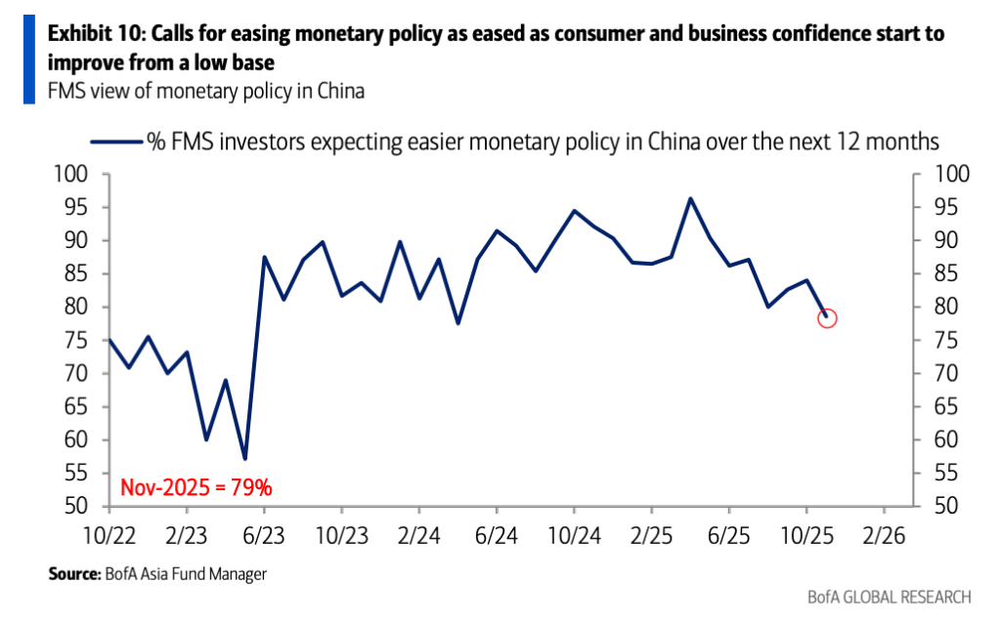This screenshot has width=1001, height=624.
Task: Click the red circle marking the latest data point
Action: click(x=826, y=317)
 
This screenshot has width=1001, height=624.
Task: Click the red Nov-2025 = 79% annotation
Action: click(x=196, y=485)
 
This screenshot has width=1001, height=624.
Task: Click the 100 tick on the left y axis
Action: click(x=76, y=176)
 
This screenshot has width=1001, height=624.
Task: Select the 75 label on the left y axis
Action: click(x=81, y=341)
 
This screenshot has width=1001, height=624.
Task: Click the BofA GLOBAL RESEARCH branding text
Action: click(x=890, y=597)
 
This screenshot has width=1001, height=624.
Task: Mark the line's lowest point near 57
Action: click(x=244, y=458)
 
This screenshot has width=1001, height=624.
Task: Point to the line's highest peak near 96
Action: click(x=690, y=199)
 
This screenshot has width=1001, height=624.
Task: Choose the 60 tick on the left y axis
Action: click(x=81, y=440)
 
